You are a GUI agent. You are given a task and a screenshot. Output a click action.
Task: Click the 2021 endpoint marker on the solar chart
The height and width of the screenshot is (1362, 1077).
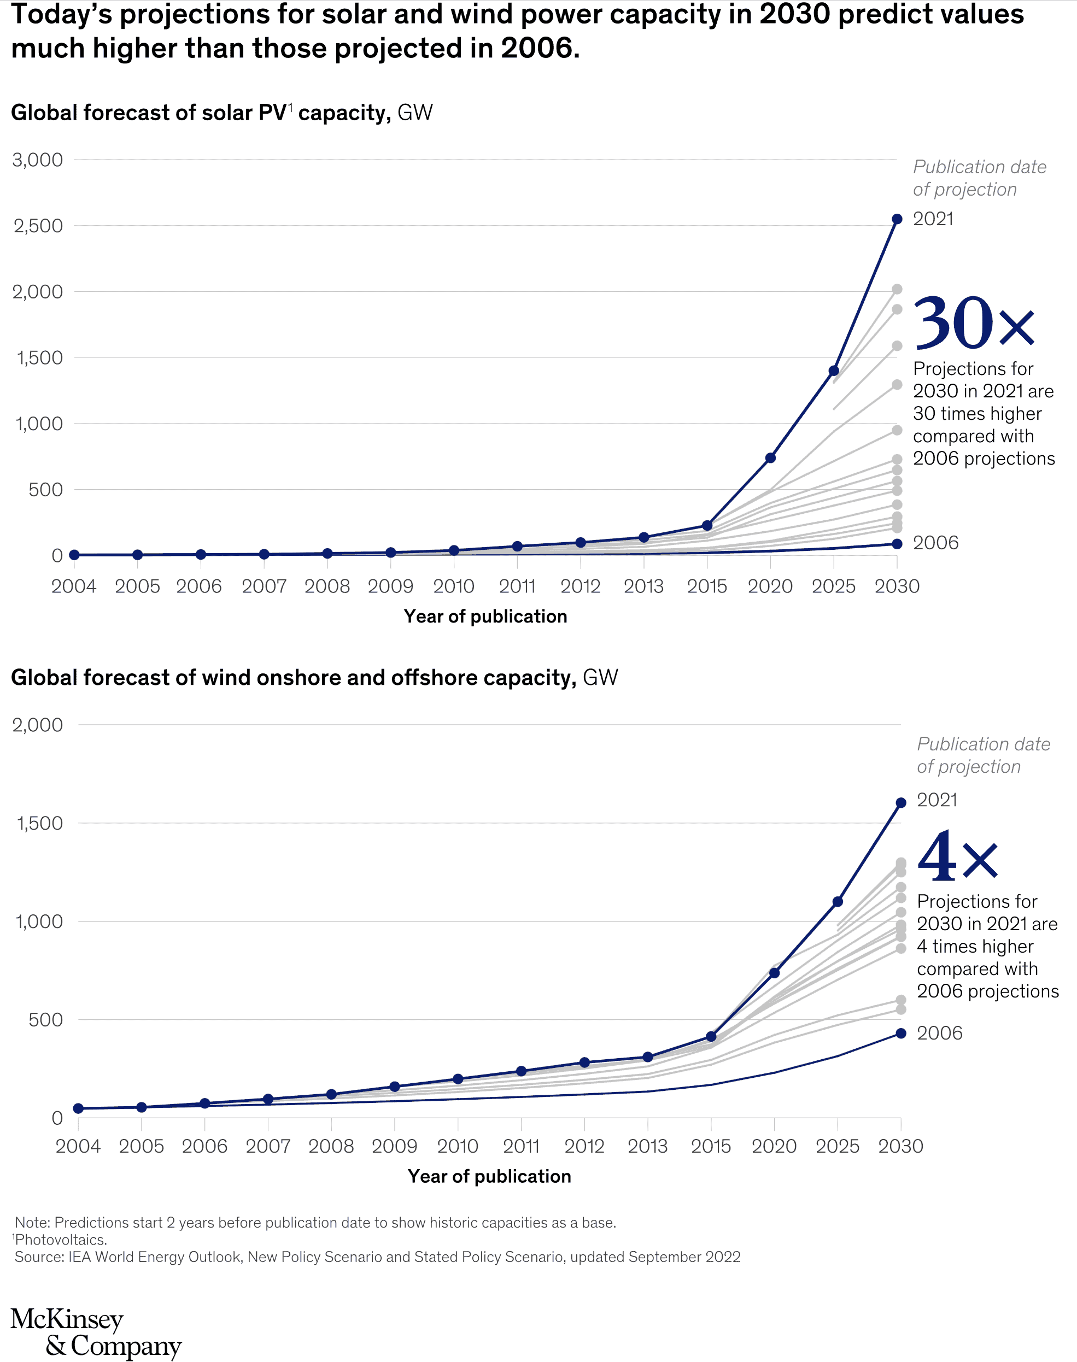click(897, 219)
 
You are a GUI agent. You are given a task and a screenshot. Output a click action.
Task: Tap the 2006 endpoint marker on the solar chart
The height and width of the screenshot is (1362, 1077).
click(897, 544)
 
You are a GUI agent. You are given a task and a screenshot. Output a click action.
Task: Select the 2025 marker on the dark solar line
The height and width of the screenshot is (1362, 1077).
click(834, 371)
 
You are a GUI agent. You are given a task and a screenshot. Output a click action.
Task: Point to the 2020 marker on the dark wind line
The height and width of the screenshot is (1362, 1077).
click(774, 973)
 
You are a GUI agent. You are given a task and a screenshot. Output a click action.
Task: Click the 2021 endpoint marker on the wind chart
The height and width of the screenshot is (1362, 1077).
click(900, 802)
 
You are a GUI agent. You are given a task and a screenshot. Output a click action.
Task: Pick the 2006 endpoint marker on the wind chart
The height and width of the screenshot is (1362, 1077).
click(900, 1033)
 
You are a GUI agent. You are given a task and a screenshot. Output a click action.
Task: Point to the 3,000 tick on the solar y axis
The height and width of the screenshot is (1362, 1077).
click(38, 160)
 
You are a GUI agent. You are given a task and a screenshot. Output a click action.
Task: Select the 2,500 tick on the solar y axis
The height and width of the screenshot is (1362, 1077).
click(38, 226)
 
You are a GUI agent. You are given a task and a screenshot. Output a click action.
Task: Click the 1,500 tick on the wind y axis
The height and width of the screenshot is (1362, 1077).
click(39, 823)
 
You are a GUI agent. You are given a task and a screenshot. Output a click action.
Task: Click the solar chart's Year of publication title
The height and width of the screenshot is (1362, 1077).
click(485, 617)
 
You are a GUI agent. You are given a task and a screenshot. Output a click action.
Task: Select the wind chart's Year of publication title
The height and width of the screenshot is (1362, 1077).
click(489, 1176)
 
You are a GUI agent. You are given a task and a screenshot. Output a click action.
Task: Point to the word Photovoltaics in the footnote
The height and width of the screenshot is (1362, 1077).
click(61, 1240)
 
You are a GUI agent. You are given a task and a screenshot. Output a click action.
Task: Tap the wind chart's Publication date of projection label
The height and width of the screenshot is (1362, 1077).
click(983, 755)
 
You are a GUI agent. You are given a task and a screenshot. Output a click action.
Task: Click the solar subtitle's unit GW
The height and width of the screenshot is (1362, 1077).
click(415, 113)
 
